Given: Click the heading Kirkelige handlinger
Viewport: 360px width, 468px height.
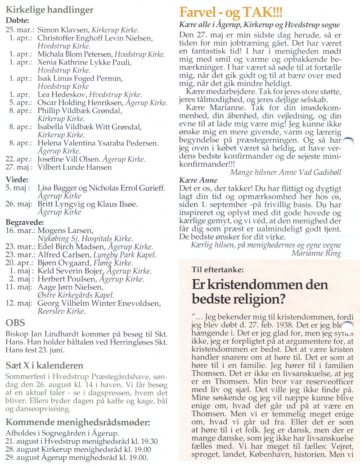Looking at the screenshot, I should tap(49, 9).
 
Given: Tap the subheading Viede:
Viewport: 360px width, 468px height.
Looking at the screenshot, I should tap(16, 179).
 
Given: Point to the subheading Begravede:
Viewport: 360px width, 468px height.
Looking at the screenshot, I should tap(25, 222).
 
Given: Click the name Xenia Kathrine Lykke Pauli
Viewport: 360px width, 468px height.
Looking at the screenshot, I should tap(84, 62).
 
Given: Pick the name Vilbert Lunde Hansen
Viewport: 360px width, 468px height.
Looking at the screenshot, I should tap(74, 167).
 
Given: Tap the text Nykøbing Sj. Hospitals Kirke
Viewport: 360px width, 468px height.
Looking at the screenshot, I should tap(85, 239).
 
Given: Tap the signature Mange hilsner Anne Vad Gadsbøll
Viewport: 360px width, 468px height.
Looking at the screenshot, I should tap(285, 172).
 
